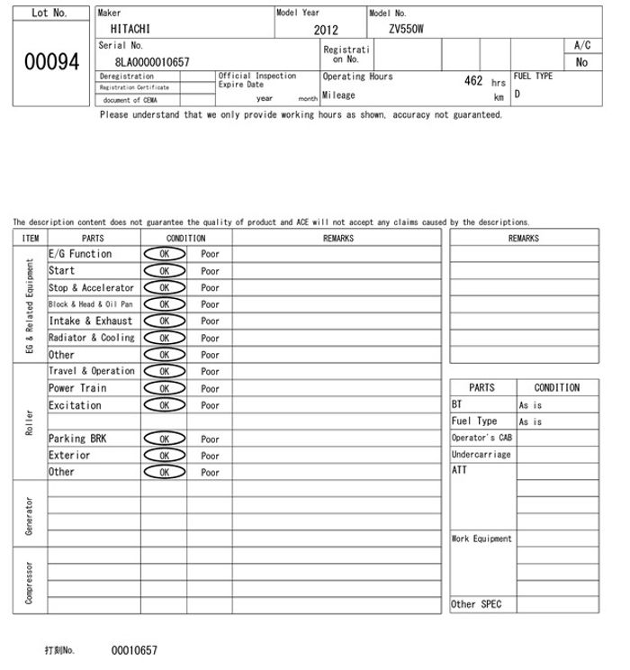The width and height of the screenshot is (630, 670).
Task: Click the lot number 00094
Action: click(50, 61)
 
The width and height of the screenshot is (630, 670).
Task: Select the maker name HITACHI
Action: click(130, 29)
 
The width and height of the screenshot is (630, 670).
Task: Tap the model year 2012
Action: click(326, 30)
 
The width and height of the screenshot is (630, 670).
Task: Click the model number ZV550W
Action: click(406, 29)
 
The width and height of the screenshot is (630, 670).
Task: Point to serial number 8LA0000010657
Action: click(152, 61)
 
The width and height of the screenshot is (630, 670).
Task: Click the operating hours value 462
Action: click(473, 81)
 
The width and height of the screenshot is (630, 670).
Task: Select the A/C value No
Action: click(581, 62)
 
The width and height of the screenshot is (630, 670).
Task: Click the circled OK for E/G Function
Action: click(164, 254)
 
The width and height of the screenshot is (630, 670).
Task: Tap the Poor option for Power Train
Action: click(210, 388)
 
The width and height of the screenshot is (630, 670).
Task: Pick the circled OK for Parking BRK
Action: click(164, 439)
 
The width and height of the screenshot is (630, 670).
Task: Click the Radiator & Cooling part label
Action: click(91, 338)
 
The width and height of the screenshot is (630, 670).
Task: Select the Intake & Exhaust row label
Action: click(90, 321)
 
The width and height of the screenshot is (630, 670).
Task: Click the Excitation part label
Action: click(75, 405)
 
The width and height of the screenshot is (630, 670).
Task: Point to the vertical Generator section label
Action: click(30, 513)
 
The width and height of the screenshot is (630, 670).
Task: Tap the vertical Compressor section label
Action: click(30, 582)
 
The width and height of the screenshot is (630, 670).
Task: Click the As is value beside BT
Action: click(530, 405)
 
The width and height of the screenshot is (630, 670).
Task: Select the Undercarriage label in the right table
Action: click(481, 455)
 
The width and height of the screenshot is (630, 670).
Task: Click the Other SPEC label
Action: click(476, 604)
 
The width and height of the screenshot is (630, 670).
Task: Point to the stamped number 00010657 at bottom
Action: click(134, 650)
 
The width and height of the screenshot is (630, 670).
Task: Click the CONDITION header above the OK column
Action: click(186, 238)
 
